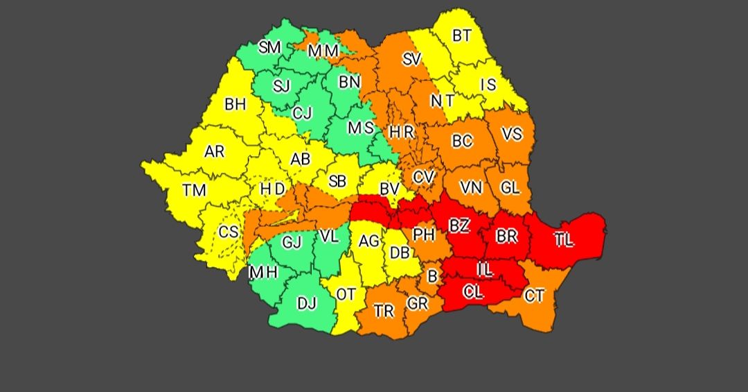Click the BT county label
pyautogui.click(x=461, y=35)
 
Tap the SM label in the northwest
pyautogui.click(x=269, y=48)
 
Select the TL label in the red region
pyautogui.click(x=564, y=240)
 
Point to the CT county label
pyautogui.click(x=534, y=296)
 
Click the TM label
pyautogui.click(x=194, y=189)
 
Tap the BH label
pyautogui.click(x=235, y=104)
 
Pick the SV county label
pyautogui.click(x=411, y=60)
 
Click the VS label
pyautogui.click(x=511, y=134)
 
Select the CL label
pyautogui.click(x=474, y=292)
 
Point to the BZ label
pyautogui.click(x=458, y=225)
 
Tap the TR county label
pyautogui.click(x=384, y=312)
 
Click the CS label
pyautogui.click(x=229, y=232)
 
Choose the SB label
pyautogui.click(x=337, y=181)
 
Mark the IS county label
pyautogui.click(x=489, y=85)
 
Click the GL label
pyautogui.click(x=510, y=187)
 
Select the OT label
pyautogui.click(x=346, y=294)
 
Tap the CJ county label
pyautogui.click(x=302, y=112)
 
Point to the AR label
pyautogui.click(x=215, y=151)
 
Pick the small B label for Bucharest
pyautogui.click(x=433, y=277)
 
